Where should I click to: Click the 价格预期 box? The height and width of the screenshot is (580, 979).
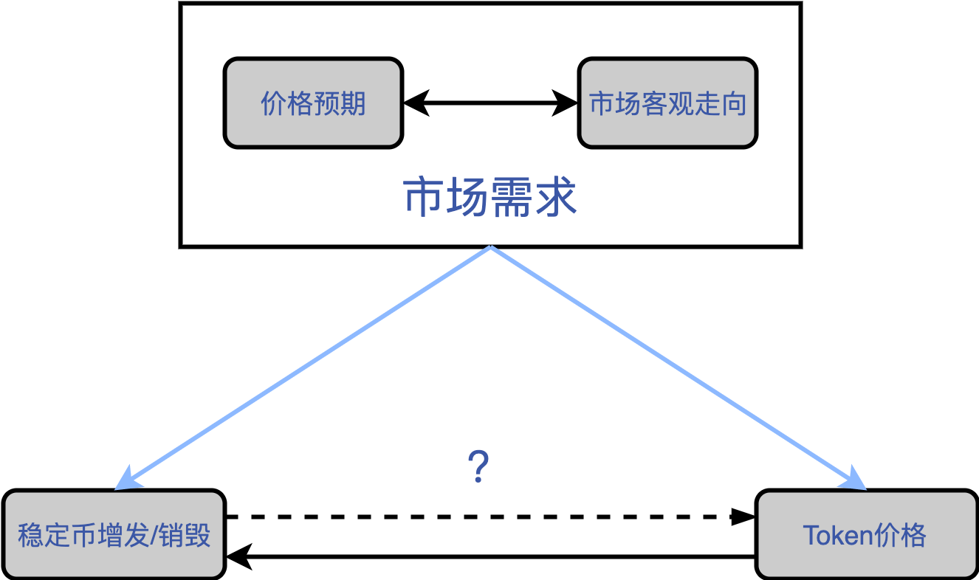click(x=313, y=103)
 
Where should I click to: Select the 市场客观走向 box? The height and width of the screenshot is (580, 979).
click(x=667, y=103)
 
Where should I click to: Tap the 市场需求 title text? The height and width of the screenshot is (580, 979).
click(x=490, y=196)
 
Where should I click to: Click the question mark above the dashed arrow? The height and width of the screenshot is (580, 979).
click(x=478, y=466)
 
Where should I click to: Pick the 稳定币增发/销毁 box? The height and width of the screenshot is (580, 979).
click(x=114, y=534)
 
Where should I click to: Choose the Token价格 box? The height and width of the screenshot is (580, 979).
click(x=867, y=534)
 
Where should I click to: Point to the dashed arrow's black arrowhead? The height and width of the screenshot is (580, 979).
click(x=743, y=517)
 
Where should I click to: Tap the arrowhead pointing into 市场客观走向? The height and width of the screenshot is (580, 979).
click(x=565, y=103)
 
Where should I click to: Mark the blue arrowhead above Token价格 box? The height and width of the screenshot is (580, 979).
click(x=853, y=479)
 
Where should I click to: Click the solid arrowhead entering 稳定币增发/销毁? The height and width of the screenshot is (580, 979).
click(x=239, y=557)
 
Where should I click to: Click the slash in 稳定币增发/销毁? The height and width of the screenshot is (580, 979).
click(x=154, y=536)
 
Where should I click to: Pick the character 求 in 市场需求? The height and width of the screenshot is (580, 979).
click(x=557, y=196)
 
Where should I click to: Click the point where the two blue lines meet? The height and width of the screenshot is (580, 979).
click(x=491, y=247)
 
